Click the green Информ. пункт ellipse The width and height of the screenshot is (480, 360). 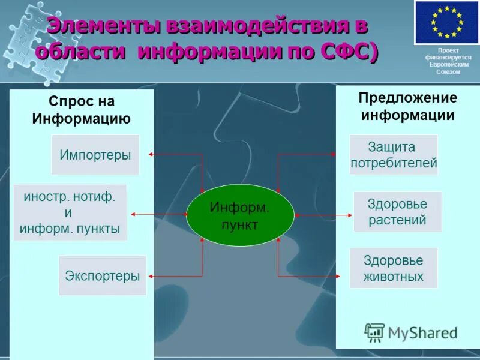click(240, 215)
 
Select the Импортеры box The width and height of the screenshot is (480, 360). click(95, 155)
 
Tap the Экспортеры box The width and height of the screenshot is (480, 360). click(103, 276)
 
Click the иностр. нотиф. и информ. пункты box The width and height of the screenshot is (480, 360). click(70, 212)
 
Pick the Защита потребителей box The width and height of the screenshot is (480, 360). click(394, 155)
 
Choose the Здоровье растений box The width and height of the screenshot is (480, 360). click(397, 212)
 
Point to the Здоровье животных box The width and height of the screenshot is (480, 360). click(394, 268)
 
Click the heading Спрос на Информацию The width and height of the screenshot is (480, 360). click(82, 110)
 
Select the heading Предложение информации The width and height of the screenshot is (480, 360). click(407, 106)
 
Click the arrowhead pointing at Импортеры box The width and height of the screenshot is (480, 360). click(151, 155)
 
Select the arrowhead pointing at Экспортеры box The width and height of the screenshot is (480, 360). click(150, 277)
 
